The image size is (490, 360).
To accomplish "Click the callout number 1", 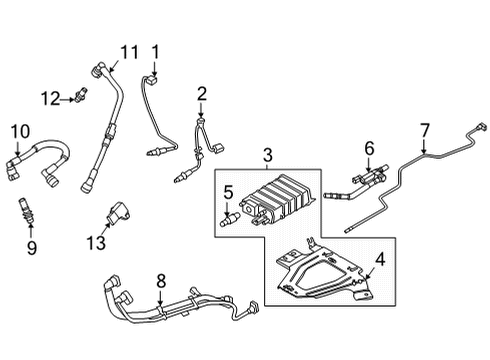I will point(155,51).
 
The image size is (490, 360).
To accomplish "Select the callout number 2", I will point(201,94).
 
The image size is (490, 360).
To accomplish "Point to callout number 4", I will point(379,262).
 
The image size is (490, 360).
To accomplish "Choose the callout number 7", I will point(424,129).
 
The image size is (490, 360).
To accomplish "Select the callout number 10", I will point(20,131).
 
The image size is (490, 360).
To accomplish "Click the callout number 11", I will point(129,52).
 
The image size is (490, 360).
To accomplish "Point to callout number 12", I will point(51,96).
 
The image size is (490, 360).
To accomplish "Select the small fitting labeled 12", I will point(78,96).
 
